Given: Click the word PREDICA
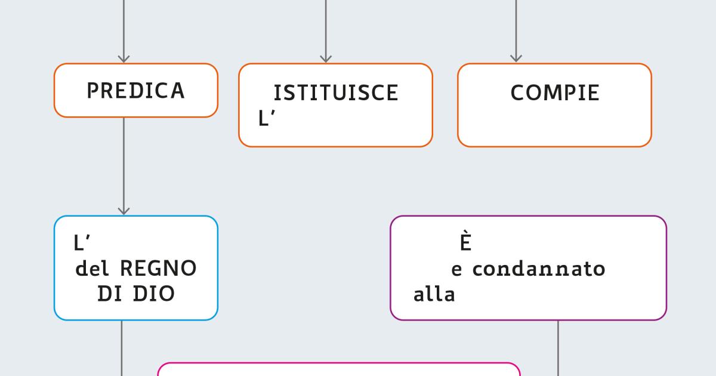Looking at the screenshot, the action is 136,91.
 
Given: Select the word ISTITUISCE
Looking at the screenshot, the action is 336,93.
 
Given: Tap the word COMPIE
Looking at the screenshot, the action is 555,93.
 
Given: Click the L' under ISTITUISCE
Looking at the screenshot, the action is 267,118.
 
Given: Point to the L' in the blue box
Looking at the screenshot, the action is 82,243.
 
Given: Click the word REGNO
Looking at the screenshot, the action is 158,268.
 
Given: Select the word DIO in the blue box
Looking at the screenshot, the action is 154,294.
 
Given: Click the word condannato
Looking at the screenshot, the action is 539,269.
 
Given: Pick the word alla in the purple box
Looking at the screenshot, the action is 434,294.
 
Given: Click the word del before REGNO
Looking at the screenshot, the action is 92,268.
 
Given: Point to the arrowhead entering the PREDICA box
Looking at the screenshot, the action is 124,58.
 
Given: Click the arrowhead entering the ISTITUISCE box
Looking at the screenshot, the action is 326,58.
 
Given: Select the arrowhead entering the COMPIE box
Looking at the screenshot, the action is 516,58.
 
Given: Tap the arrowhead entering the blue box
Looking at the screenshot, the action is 124,211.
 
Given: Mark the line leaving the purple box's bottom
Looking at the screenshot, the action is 558,348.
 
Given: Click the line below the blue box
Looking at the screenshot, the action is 122,348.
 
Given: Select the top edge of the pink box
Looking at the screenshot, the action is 339,363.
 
